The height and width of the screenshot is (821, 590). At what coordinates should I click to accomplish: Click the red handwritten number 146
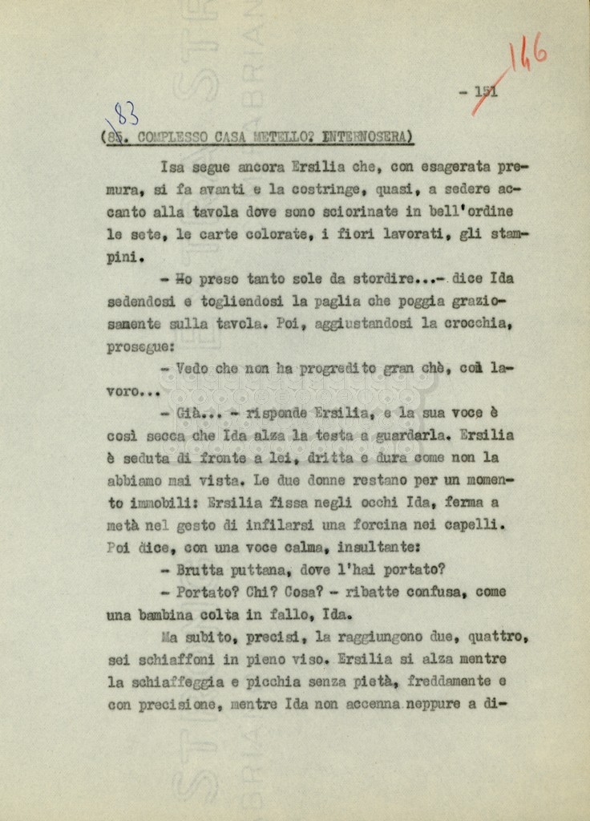point(528,55)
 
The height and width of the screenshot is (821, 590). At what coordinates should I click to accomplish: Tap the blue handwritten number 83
point(125,115)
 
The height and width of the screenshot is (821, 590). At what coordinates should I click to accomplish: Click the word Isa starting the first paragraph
point(172,168)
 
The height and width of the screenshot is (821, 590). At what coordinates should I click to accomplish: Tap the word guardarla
point(416,436)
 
